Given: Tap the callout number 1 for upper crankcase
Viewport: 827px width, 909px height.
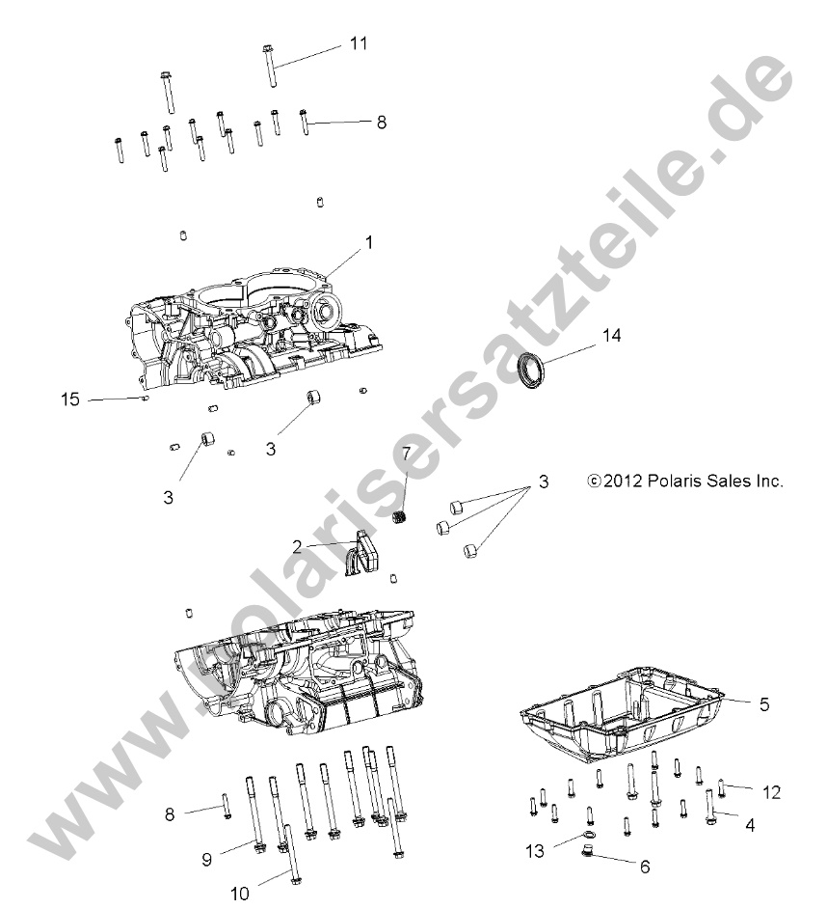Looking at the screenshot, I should tap(367, 245).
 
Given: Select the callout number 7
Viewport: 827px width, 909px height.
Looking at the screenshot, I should tap(407, 480).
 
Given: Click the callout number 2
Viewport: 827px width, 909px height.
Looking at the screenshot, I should tap(298, 546).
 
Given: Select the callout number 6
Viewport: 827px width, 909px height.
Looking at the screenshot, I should tap(644, 867).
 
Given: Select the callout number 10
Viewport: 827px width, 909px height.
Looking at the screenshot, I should tap(239, 893).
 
